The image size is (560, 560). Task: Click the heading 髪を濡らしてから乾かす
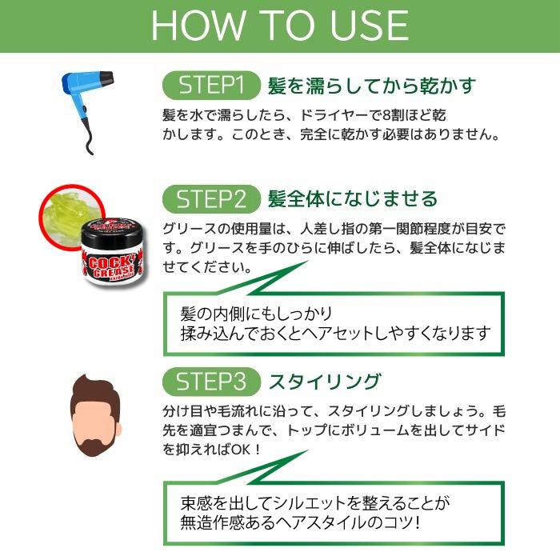(372, 86)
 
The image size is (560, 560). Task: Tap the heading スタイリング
(324, 380)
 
